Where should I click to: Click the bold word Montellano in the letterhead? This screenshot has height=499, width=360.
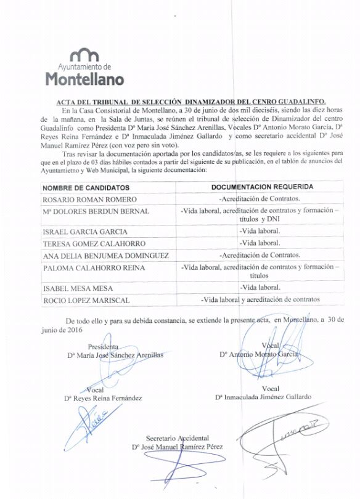tap(85, 79)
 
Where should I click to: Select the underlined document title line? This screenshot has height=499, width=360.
tap(191, 101)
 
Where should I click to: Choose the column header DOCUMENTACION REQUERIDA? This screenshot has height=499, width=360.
tap(262, 186)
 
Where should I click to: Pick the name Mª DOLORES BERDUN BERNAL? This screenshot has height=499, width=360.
tap(96, 212)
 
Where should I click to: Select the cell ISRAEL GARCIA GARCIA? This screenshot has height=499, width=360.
tap(85, 232)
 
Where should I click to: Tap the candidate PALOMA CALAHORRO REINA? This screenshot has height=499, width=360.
tap(94, 268)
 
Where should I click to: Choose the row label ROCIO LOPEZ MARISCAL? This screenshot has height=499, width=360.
tap(86, 300)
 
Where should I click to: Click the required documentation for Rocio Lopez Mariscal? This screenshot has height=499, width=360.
tap(260, 299)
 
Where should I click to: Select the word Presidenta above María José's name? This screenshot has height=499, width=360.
tap(103, 346)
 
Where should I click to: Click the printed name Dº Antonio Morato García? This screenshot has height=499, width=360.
tap(259, 355)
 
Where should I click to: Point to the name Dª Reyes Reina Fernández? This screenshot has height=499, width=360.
tap(103, 398)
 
